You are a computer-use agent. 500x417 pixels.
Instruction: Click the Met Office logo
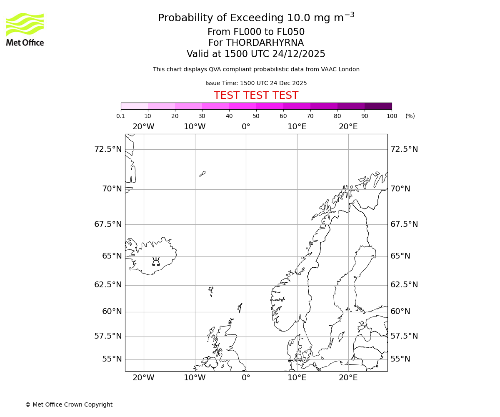(25, 29)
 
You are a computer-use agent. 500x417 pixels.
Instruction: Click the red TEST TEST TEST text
(256, 95)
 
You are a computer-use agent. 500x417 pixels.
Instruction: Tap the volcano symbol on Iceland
(156, 261)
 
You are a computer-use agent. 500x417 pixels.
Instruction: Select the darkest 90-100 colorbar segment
(378, 106)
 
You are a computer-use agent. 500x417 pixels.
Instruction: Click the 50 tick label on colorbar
(256, 116)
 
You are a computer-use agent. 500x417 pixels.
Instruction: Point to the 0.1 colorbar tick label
(120, 116)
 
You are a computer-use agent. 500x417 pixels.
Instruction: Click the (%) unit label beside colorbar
(410, 116)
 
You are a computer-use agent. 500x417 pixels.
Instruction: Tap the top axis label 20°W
(143, 127)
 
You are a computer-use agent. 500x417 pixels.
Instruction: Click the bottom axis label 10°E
(297, 378)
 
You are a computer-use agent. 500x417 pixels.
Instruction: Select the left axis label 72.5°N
(108, 149)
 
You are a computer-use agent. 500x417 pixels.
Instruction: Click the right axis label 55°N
(400, 359)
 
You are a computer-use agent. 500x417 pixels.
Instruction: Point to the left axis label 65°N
(112, 256)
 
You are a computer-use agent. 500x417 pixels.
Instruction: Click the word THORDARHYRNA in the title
(265, 43)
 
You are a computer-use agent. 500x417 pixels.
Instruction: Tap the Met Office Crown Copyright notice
(69, 404)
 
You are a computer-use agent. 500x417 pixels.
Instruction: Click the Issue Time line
(256, 83)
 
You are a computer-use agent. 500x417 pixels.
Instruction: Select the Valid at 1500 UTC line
(256, 54)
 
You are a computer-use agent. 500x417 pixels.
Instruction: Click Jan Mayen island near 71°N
(202, 173)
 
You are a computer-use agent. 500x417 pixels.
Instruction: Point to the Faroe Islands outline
(211, 291)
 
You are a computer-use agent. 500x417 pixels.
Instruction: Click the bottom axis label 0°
(246, 378)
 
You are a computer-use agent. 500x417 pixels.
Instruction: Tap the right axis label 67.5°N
(404, 224)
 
